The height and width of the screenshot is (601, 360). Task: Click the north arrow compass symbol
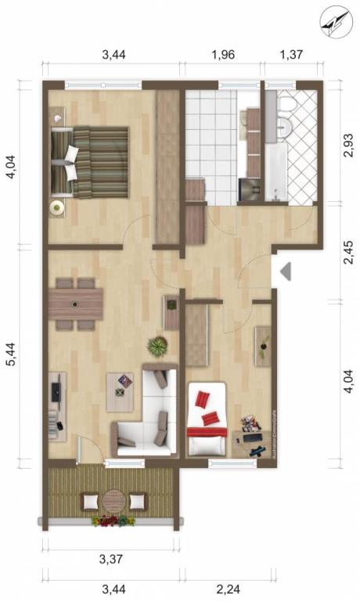coord(336,21)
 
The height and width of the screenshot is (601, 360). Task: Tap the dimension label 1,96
coord(223,55)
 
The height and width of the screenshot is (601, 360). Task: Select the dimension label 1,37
coord(291,55)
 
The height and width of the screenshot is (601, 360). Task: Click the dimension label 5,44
coord(13,354)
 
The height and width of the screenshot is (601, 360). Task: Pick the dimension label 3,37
coord(111,559)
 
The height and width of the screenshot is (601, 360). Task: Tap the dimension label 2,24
coord(229,588)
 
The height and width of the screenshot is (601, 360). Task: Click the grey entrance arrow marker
coord(286,272)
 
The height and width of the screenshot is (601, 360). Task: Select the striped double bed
coord(90,163)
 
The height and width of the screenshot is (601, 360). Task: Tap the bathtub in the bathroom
coord(276,172)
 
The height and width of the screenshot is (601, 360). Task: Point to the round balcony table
coord(114,501)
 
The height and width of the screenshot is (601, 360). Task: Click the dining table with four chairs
coord(76,304)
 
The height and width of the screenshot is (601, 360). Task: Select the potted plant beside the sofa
coord(157,346)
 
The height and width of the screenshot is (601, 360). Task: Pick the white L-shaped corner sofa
coord(146,410)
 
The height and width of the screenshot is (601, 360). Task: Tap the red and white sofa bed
coord(207,419)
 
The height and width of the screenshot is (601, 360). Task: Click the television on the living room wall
coord(56,392)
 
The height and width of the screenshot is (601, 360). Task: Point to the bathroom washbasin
coord(284,124)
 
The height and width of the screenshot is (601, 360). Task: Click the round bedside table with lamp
coord(57,207)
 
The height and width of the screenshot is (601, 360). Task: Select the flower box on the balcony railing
coord(113,521)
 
